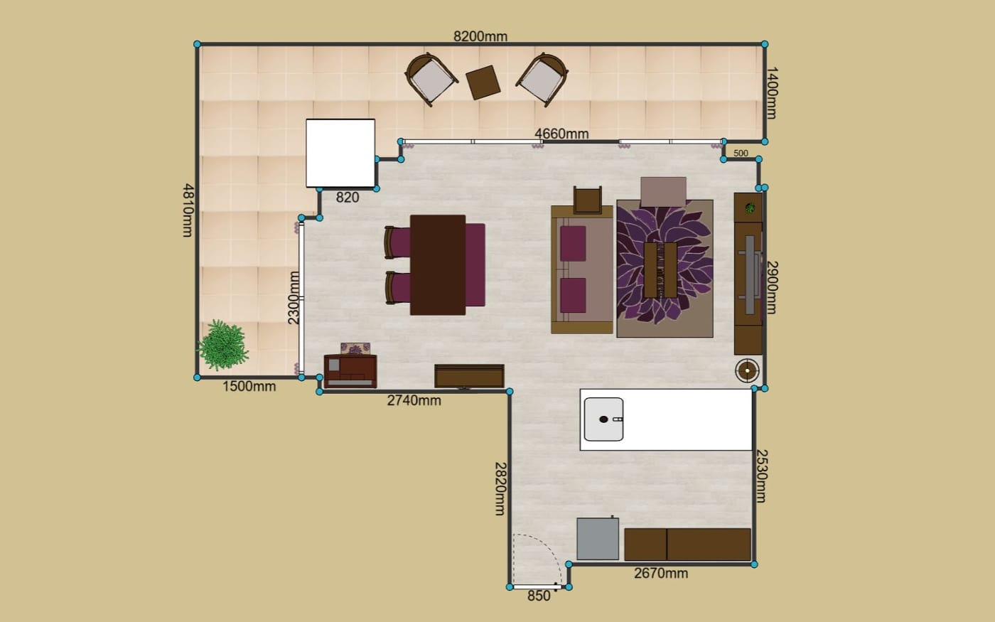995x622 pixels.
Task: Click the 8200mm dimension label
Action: (x=480, y=36)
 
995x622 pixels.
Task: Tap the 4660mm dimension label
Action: (x=561, y=134)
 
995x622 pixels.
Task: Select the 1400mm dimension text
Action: (x=772, y=93)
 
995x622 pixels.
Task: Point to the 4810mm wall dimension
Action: (x=188, y=210)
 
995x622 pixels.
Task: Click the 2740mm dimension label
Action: (x=414, y=400)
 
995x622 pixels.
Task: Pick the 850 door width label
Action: (x=539, y=596)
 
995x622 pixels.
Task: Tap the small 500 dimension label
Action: (x=741, y=154)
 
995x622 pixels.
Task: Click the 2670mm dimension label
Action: (x=661, y=573)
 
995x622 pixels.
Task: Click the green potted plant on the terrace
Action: (x=222, y=345)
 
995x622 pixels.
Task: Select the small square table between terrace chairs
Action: (x=483, y=82)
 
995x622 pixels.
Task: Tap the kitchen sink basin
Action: (x=603, y=419)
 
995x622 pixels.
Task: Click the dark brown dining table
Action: (x=438, y=265)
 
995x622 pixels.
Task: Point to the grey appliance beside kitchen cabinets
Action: (x=598, y=539)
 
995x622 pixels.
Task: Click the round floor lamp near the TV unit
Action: (x=747, y=370)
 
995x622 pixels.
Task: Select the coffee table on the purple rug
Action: (x=660, y=269)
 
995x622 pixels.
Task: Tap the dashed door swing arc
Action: (x=546, y=547)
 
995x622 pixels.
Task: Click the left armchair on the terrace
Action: (x=431, y=80)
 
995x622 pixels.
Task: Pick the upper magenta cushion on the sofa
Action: (x=573, y=243)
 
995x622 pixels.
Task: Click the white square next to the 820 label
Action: (x=340, y=153)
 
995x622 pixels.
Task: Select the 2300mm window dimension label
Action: (x=294, y=298)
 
